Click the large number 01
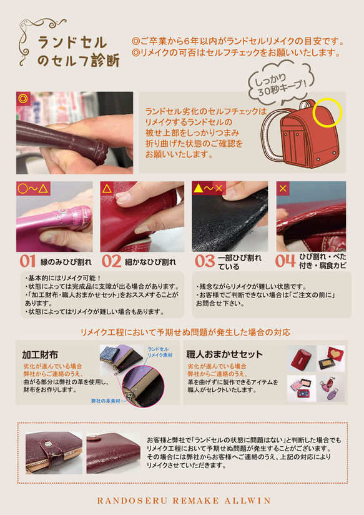[x=27, y=260]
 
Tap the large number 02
[x=112, y=260]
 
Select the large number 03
[x=204, y=260]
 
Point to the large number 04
[x=286, y=260]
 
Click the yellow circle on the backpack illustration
[x=330, y=112]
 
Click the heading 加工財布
[x=40, y=355]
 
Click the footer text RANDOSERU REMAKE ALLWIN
[x=182, y=500]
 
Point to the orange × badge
[x=284, y=187]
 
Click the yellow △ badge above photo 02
[x=107, y=187]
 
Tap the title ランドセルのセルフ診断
[x=70, y=52]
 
